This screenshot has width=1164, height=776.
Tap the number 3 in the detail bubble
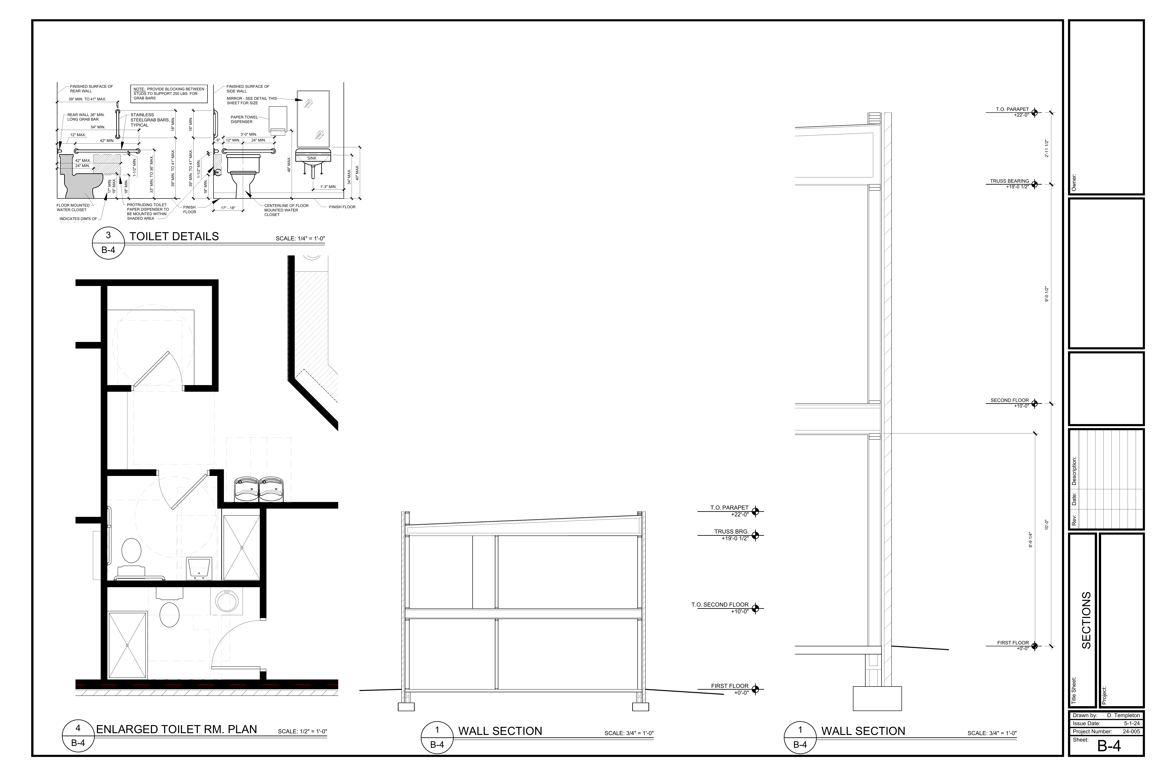click(108, 236)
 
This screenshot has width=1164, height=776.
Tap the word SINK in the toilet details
click(312, 158)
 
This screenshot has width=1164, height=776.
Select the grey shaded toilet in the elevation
click(79, 178)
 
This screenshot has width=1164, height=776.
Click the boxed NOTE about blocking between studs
click(168, 94)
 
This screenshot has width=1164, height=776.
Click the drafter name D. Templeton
click(1123, 716)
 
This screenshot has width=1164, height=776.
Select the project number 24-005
click(1131, 731)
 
